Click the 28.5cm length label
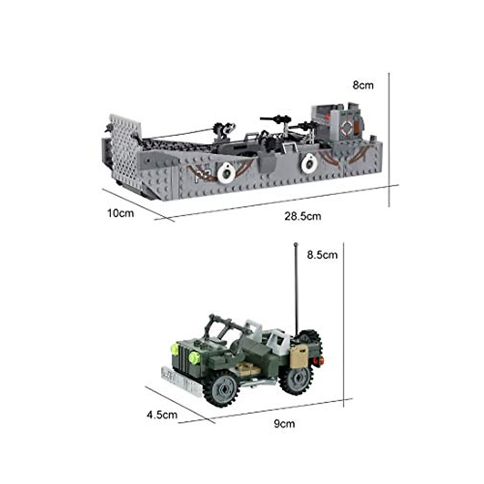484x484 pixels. [x=302, y=216]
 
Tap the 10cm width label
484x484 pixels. [x=120, y=213]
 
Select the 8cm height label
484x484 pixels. [x=363, y=85]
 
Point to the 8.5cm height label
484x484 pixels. [x=322, y=255]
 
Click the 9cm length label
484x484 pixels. [x=284, y=423]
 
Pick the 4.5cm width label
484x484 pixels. [x=162, y=415]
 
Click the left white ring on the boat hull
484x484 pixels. [x=226, y=173]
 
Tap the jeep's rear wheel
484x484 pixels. [x=296, y=378]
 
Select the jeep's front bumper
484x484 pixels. [x=181, y=378]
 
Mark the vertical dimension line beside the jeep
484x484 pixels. [x=343, y=323]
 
